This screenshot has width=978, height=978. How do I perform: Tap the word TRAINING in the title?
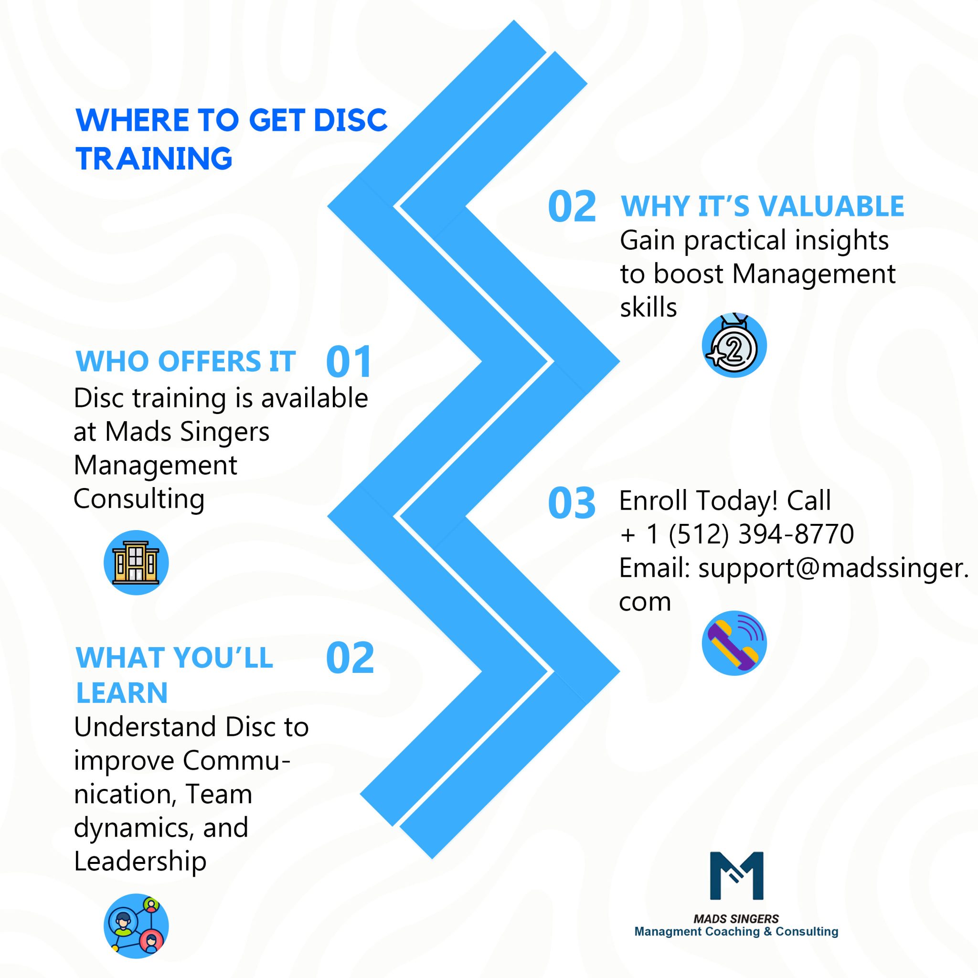(154, 159)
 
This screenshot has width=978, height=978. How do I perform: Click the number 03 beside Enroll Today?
(572, 504)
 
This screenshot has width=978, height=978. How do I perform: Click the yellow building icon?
(136, 563)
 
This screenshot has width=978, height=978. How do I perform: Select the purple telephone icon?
(734, 643)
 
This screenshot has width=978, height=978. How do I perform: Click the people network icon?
(136, 925)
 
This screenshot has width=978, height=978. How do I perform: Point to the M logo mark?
(736, 876)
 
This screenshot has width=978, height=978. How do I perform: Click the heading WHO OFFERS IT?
(185, 361)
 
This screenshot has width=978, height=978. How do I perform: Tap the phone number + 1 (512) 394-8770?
(736, 534)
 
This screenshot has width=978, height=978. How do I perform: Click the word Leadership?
(140, 861)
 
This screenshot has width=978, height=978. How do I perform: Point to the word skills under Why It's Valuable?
(648, 307)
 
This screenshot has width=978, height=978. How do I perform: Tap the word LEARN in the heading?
(121, 692)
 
